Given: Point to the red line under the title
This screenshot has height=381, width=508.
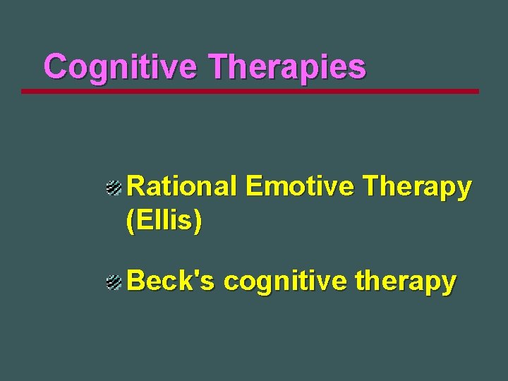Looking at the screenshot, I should click(250, 91).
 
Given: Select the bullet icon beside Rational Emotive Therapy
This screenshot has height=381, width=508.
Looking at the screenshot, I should click(114, 188).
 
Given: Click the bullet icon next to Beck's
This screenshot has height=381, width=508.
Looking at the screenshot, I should click(114, 283).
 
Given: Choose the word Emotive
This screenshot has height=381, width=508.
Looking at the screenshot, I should click(299, 187).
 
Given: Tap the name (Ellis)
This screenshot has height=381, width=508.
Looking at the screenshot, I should click(164, 222).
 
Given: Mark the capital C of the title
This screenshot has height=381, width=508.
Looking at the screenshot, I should click(56, 68).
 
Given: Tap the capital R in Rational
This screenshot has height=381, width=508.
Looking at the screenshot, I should click(135, 187).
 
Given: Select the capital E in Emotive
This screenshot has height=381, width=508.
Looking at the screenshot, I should click(253, 187).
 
